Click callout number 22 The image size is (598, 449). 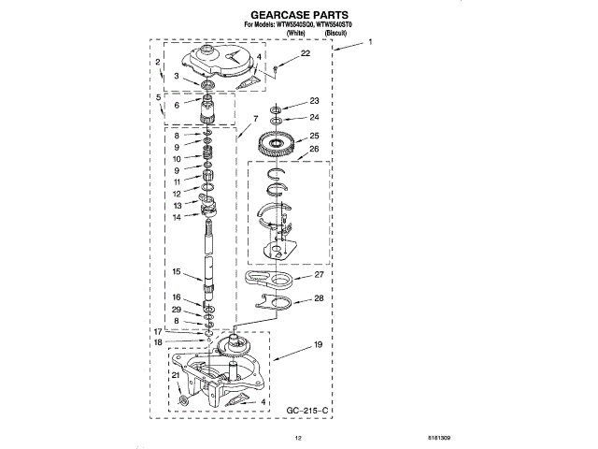click(x=305, y=56)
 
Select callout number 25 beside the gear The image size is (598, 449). click(x=314, y=135)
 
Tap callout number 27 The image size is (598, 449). click(x=318, y=276)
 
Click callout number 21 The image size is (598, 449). click(x=174, y=375)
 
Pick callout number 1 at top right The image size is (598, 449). click(x=370, y=43)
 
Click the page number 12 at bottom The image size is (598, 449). click(x=299, y=438)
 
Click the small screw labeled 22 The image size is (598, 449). click(x=278, y=68)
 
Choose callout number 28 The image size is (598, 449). click(x=318, y=298)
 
